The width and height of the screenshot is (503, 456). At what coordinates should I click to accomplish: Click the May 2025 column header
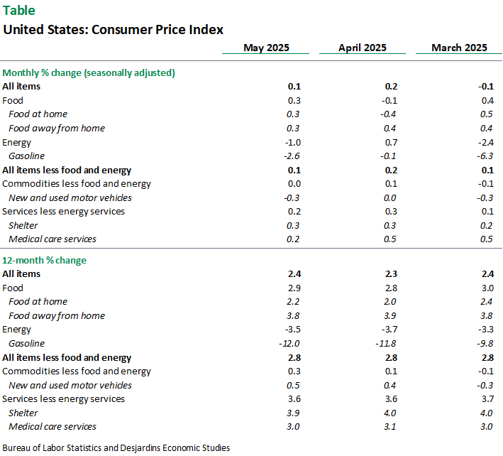tap(266, 48)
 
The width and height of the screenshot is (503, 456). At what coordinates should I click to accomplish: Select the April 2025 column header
tap(362, 48)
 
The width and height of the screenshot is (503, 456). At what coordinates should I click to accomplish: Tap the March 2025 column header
tap(460, 48)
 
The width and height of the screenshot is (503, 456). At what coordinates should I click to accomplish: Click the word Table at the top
tap(19, 11)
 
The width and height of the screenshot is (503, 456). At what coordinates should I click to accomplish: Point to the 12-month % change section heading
tap(45, 260)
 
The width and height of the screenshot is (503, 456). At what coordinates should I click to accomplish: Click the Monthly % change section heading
tap(89, 72)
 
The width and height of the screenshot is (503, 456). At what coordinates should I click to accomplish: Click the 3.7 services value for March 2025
tap(487, 399)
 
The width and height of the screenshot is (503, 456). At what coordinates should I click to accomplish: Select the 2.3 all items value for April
tap(390, 274)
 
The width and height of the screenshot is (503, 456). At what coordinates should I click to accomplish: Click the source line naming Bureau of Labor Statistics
tap(116, 447)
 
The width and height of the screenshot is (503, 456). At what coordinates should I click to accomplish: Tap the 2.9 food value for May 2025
tap(294, 288)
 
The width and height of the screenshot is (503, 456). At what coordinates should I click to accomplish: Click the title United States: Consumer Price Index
tap(114, 30)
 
